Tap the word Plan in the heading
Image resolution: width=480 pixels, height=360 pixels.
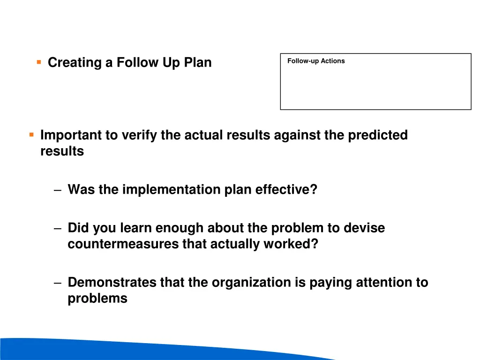pyautogui.click(x=198, y=62)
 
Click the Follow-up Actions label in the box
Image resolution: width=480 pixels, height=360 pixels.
pyautogui.click(x=316, y=61)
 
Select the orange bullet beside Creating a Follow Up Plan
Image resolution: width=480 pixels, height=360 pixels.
pyautogui.click(x=39, y=61)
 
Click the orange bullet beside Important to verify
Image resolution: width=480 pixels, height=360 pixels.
pyautogui.click(x=31, y=135)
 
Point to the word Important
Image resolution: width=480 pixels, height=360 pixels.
pyautogui.click(x=71, y=135)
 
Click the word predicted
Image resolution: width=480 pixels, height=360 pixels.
pyautogui.click(x=378, y=135)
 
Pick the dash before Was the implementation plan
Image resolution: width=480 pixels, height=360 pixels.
pyautogui.click(x=57, y=190)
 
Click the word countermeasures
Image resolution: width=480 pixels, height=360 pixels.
pyautogui.click(x=123, y=244)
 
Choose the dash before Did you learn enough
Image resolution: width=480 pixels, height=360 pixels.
pyautogui.click(x=57, y=229)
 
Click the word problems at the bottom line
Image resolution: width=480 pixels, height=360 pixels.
pyautogui.click(x=97, y=299)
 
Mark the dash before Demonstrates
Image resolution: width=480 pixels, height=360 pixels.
pyautogui.click(x=57, y=283)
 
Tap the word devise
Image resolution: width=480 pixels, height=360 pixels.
pyautogui.click(x=364, y=228)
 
